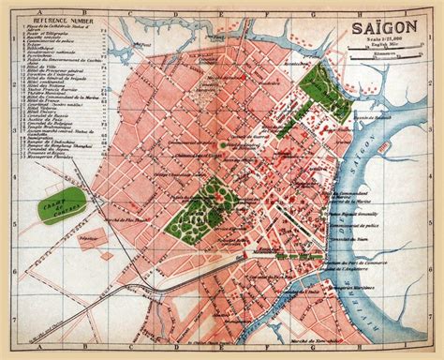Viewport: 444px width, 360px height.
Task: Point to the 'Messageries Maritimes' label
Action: point(352,281)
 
